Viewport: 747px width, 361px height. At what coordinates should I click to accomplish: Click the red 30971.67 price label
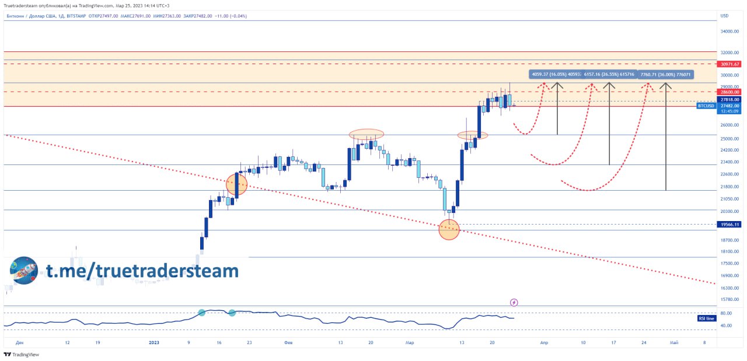click(729, 64)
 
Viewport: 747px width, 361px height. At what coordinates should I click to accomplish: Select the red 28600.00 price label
click(729, 92)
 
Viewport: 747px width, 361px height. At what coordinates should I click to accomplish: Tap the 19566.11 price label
click(729, 225)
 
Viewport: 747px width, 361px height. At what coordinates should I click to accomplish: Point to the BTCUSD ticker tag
click(706, 106)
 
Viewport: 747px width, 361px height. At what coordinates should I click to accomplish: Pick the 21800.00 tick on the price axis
click(729, 187)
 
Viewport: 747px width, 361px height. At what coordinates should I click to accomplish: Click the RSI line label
click(706, 318)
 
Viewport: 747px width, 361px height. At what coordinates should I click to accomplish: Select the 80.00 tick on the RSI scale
click(727, 313)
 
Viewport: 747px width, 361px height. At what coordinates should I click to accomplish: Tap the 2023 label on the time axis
click(153, 343)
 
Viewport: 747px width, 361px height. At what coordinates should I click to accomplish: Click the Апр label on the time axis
click(544, 343)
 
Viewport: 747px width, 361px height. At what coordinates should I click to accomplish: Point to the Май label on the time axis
click(673, 343)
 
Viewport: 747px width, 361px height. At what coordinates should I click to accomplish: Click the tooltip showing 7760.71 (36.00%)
click(665, 75)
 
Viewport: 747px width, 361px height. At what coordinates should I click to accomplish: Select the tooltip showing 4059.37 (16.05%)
click(554, 75)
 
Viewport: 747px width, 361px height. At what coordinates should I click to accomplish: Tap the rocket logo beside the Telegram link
click(24, 271)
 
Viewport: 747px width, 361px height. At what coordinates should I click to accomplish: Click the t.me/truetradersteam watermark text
click(142, 271)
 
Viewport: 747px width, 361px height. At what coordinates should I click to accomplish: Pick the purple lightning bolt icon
click(514, 302)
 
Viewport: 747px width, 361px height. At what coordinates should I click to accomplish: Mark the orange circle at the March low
click(449, 230)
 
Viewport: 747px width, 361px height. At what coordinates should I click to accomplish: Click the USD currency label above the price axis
click(724, 16)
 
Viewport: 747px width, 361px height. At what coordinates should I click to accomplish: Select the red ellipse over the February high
click(366, 134)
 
